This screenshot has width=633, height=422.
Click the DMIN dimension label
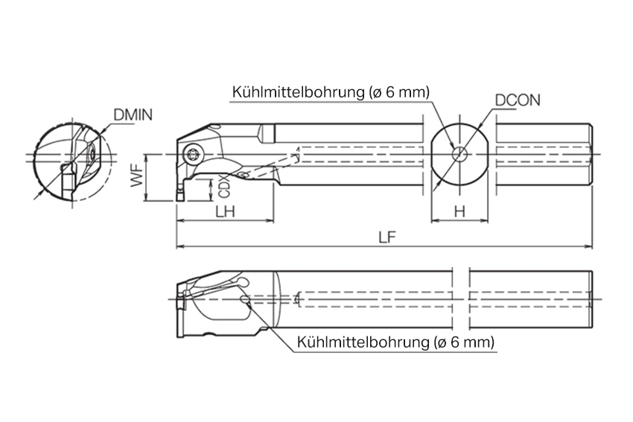point(133,115)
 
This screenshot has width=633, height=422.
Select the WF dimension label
point(137,178)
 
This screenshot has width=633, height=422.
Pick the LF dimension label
point(386,237)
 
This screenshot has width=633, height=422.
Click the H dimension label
point(459,211)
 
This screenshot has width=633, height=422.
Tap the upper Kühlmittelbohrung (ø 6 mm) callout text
point(331,92)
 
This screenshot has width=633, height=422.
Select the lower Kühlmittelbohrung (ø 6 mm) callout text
point(395,342)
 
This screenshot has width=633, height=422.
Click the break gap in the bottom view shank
point(462,298)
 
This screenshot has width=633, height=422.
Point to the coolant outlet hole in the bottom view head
point(244,301)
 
